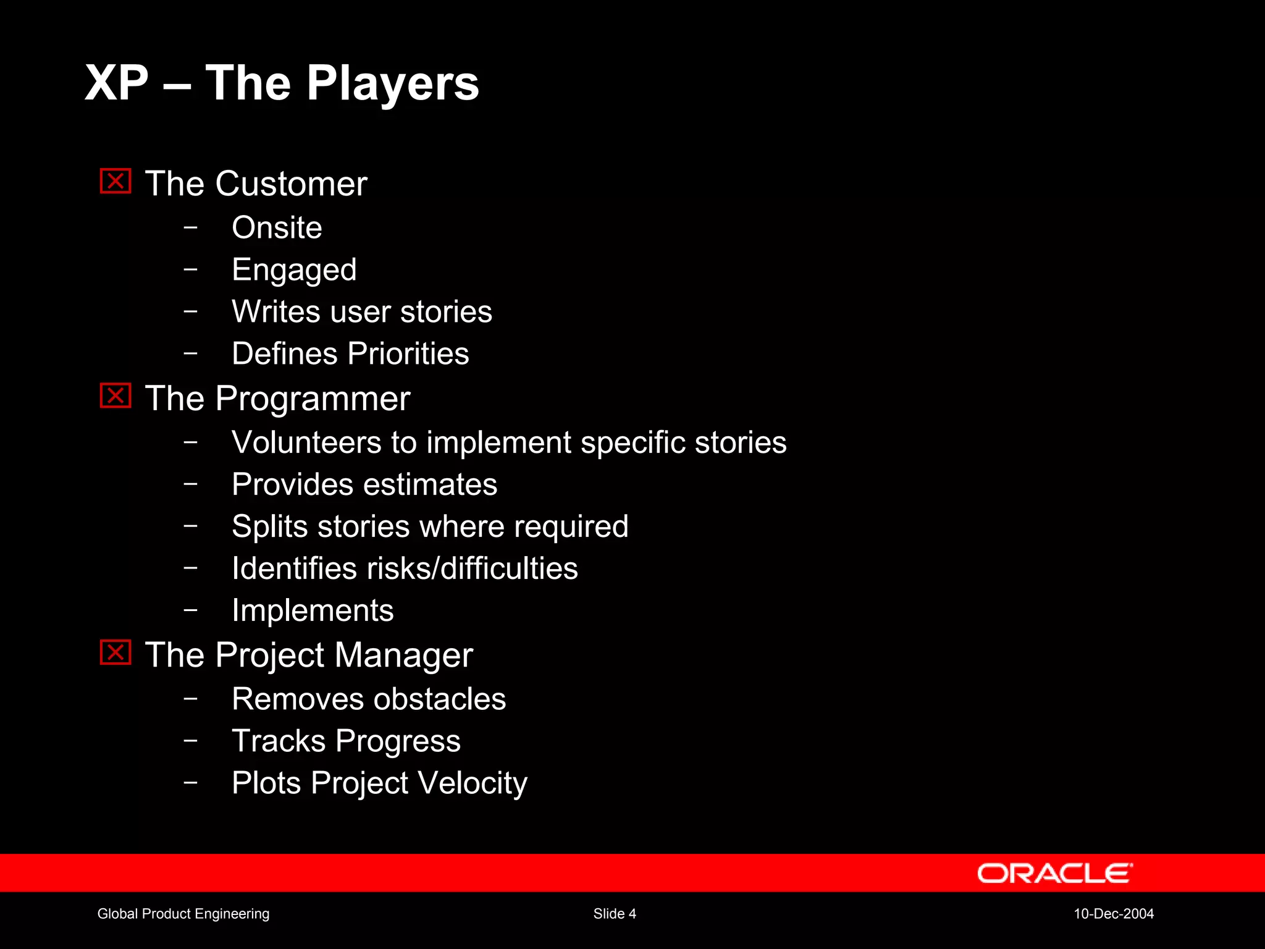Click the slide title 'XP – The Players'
click(x=282, y=83)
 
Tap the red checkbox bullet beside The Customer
click(x=116, y=181)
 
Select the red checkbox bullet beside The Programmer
click(x=116, y=396)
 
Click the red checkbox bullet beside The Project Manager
click(x=116, y=652)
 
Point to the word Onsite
click(x=277, y=227)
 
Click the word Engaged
click(x=294, y=270)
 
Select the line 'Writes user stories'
click(x=362, y=311)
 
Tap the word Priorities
click(x=408, y=354)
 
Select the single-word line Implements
click(x=313, y=611)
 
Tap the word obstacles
click(x=439, y=699)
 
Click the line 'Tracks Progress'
click(x=346, y=741)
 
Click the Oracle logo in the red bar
click(x=1054, y=874)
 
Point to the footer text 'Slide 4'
click(x=615, y=914)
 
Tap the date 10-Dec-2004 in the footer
click(x=1114, y=914)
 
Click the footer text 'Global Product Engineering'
click(x=183, y=914)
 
